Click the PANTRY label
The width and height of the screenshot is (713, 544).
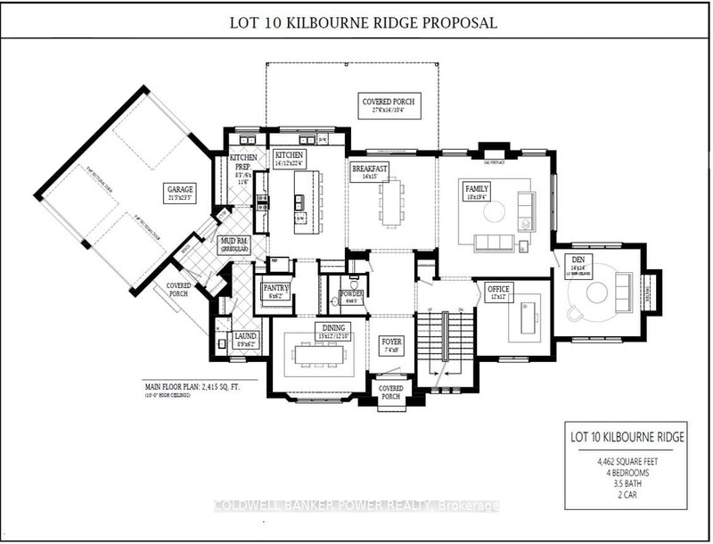(x=274, y=289)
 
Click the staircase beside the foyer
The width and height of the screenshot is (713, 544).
(x=436, y=343)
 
